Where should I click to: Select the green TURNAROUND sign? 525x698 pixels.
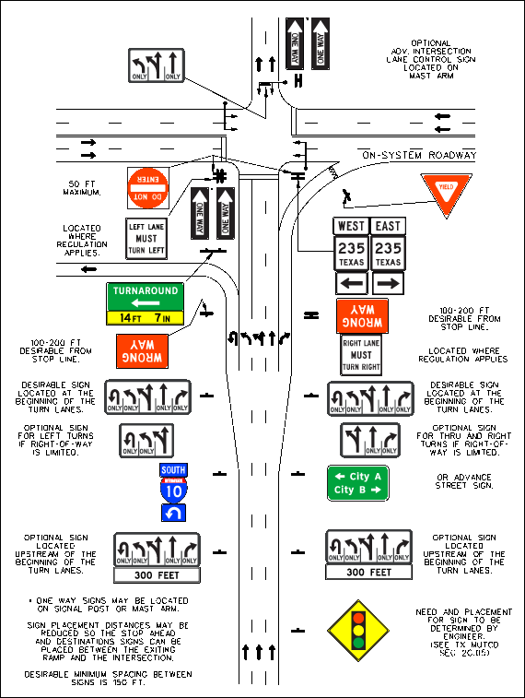click(145, 297)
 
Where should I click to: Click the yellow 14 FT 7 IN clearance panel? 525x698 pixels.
click(145, 318)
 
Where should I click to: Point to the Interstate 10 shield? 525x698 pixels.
click(174, 485)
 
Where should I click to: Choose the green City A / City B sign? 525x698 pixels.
click(358, 482)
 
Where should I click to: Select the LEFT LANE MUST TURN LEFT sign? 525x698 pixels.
click(146, 239)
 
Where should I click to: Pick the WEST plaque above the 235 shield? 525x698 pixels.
click(350, 226)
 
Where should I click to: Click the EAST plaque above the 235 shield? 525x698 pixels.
click(389, 226)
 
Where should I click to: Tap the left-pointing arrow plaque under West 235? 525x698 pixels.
click(350, 282)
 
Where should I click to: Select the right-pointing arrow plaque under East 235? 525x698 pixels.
click(389, 282)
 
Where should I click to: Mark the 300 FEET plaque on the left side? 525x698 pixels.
click(157, 574)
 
